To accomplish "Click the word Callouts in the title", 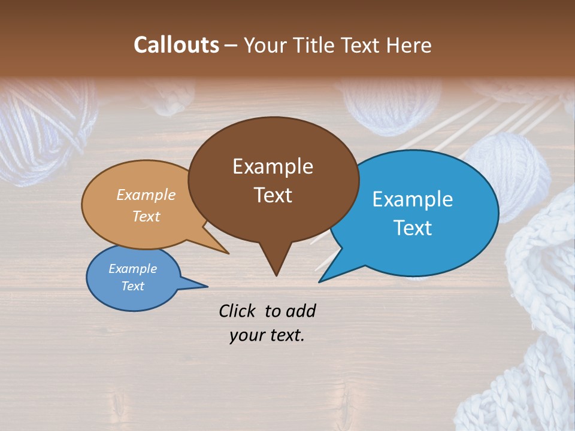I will pyautogui.click(x=176, y=45).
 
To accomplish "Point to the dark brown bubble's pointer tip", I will pyautogui.click(x=276, y=275).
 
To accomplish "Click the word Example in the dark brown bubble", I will pyautogui.click(x=273, y=166).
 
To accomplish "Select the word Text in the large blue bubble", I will pyautogui.click(x=412, y=228).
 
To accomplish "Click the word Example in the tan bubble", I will pyautogui.click(x=146, y=195).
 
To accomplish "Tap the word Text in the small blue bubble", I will pyautogui.click(x=132, y=286).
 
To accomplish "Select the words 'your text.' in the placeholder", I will pyautogui.click(x=267, y=336).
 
